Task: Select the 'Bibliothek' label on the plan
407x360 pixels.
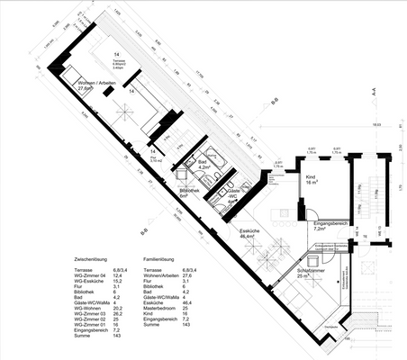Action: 189,192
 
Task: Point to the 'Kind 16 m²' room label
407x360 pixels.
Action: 312,181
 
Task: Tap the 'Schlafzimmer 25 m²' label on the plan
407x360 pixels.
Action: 312,271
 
